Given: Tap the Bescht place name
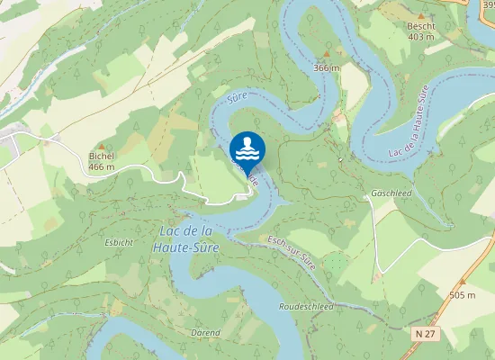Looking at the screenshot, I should (420, 26).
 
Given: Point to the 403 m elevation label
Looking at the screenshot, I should (420, 37).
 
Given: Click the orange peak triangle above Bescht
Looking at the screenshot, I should (420, 15).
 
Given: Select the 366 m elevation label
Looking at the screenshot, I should (327, 67).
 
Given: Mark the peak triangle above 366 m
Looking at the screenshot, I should (327, 55).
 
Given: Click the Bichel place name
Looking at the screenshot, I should (102, 156).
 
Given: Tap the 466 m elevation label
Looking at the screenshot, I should (102, 166).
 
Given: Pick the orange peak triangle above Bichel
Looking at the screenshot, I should (102, 145).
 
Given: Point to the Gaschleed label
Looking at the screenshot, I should (391, 193).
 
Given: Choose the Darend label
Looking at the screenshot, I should (205, 332).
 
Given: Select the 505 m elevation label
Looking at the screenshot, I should (462, 294).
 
